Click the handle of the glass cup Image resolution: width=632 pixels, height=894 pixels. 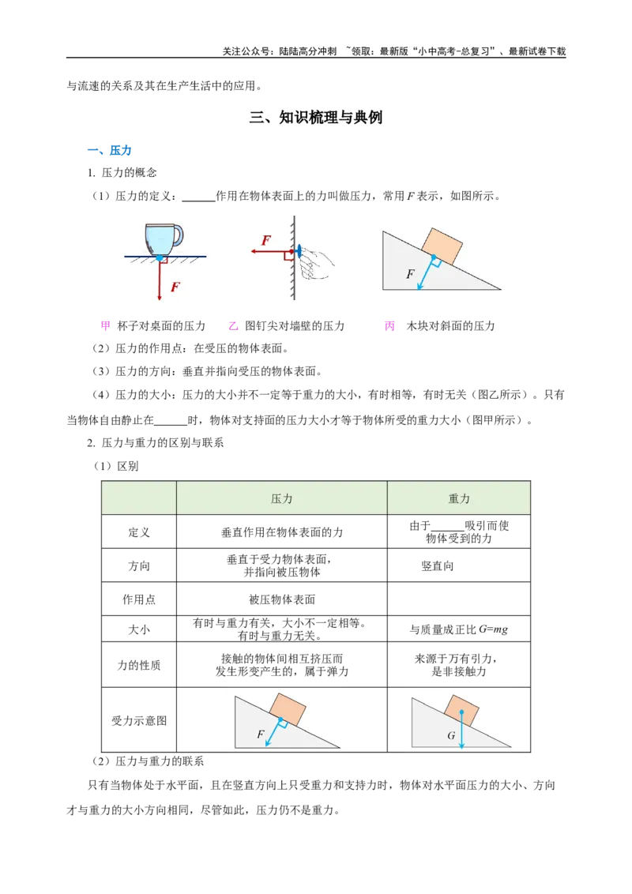178,235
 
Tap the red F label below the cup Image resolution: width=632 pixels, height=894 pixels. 175,287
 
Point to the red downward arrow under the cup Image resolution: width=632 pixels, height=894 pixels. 160,280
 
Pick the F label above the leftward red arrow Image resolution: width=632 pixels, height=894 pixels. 266,240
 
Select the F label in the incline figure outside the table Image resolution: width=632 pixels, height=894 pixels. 409,274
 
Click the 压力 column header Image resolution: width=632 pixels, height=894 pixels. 281,498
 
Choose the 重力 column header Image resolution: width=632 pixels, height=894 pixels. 458,498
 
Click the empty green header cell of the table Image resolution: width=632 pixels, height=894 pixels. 139,498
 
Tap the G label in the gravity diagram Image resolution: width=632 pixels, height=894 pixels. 451,735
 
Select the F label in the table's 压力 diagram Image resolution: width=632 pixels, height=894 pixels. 261,734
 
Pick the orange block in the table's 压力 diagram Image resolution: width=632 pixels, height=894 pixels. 287,708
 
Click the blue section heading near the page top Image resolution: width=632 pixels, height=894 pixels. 107,150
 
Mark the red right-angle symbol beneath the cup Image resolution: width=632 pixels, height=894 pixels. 164,259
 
